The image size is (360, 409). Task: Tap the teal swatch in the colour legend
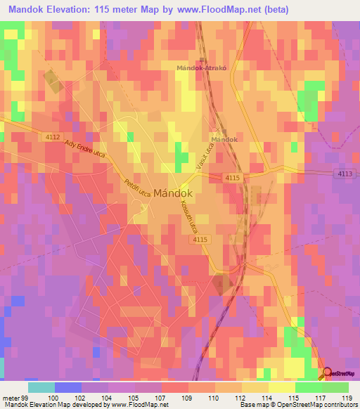coord(41,387)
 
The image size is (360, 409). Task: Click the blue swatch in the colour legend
coord(67,387)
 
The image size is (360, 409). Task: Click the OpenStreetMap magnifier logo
coord(328,372)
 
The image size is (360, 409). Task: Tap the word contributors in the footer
coord(338,405)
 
